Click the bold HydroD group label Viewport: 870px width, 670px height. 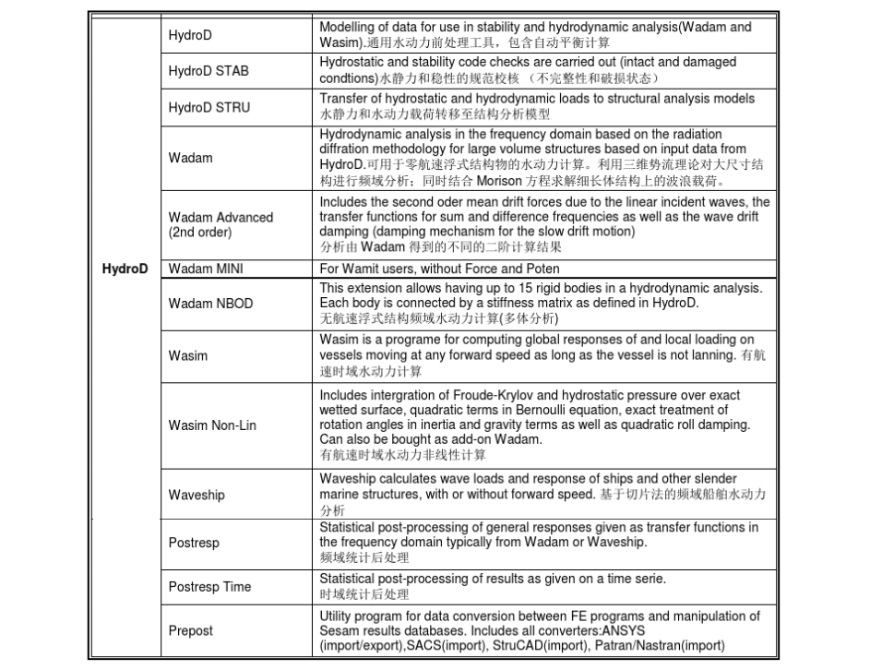click(x=124, y=269)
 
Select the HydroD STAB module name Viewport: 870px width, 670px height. click(x=209, y=71)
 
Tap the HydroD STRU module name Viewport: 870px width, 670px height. click(x=209, y=107)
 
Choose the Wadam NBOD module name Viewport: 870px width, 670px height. click(x=210, y=303)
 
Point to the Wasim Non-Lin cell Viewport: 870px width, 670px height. click(x=212, y=425)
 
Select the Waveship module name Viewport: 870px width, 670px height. click(x=197, y=495)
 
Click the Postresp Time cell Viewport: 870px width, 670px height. click(x=209, y=586)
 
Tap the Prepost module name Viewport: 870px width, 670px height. click(x=190, y=630)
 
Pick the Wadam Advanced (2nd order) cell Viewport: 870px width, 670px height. click(x=220, y=224)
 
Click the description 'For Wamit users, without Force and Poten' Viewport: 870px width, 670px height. click(x=434, y=269)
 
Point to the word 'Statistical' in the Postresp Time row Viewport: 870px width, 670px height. click(x=351, y=578)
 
